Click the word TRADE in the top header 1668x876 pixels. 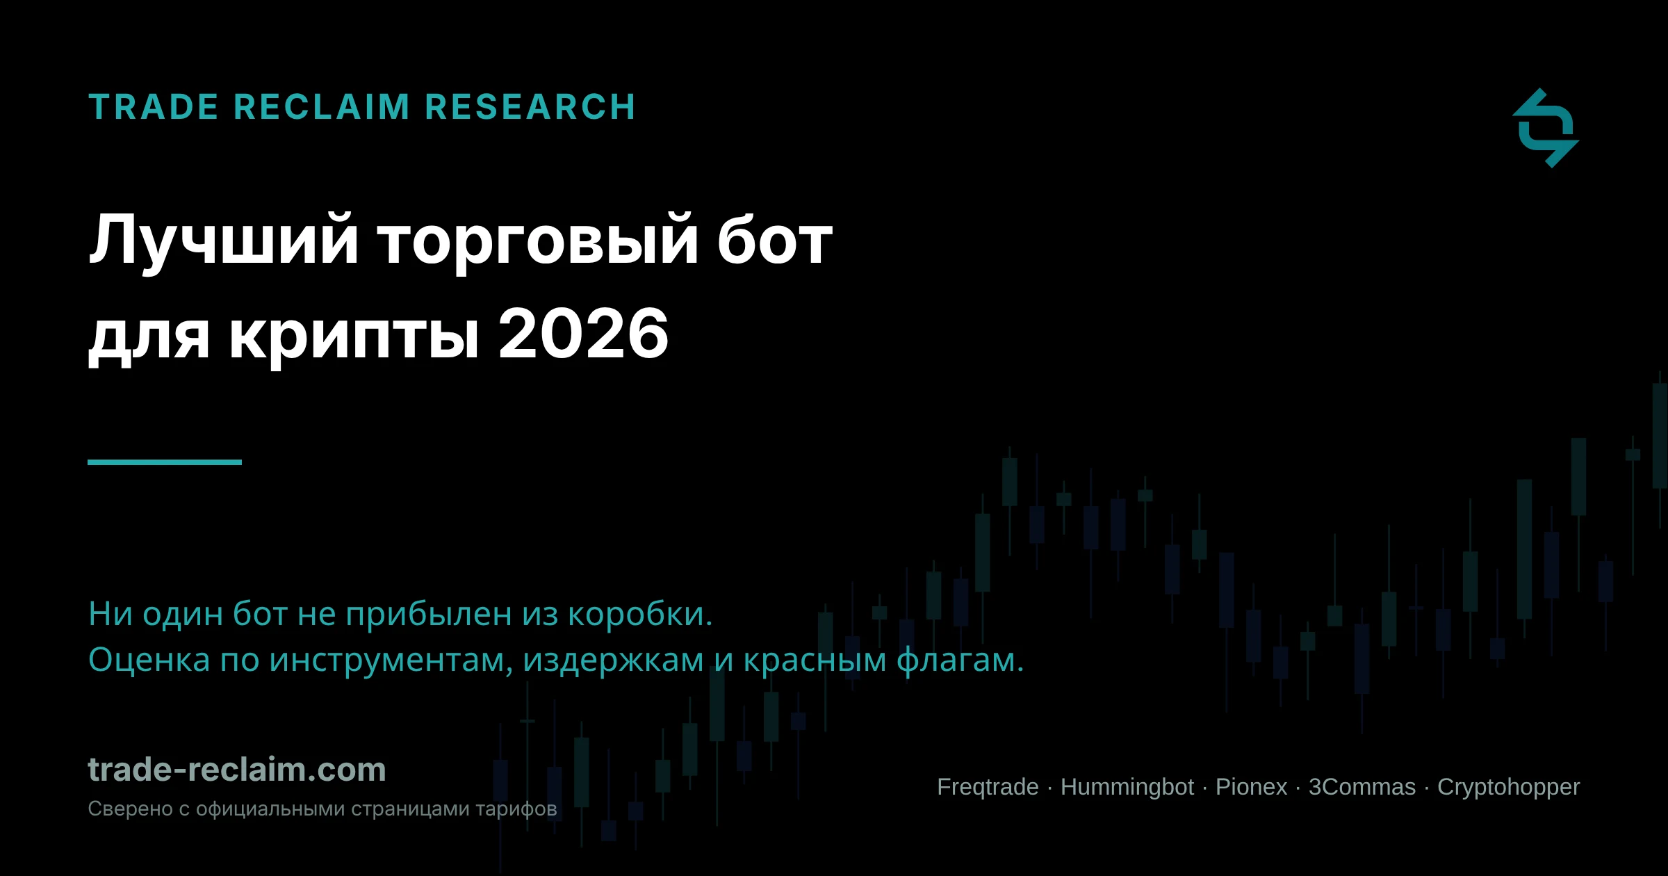click(x=154, y=107)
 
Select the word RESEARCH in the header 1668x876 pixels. click(x=530, y=107)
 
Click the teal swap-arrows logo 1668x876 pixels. click(x=1546, y=128)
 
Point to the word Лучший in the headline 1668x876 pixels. click(x=224, y=242)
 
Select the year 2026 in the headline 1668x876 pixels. click(x=584, y=334)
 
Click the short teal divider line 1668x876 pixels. click(x=165, y=462)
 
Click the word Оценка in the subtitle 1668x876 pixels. click(x=149, y=659)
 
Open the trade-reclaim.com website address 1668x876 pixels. click(x=237, y=770)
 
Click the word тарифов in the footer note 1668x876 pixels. click(x=516, y=810)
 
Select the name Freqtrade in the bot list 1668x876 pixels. click(x=988, y=788)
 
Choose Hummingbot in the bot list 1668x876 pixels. click(x=1127, y=787)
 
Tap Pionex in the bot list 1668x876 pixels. click(x=1251, y=787)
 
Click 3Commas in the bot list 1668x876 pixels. click(x=1362, y=787)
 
